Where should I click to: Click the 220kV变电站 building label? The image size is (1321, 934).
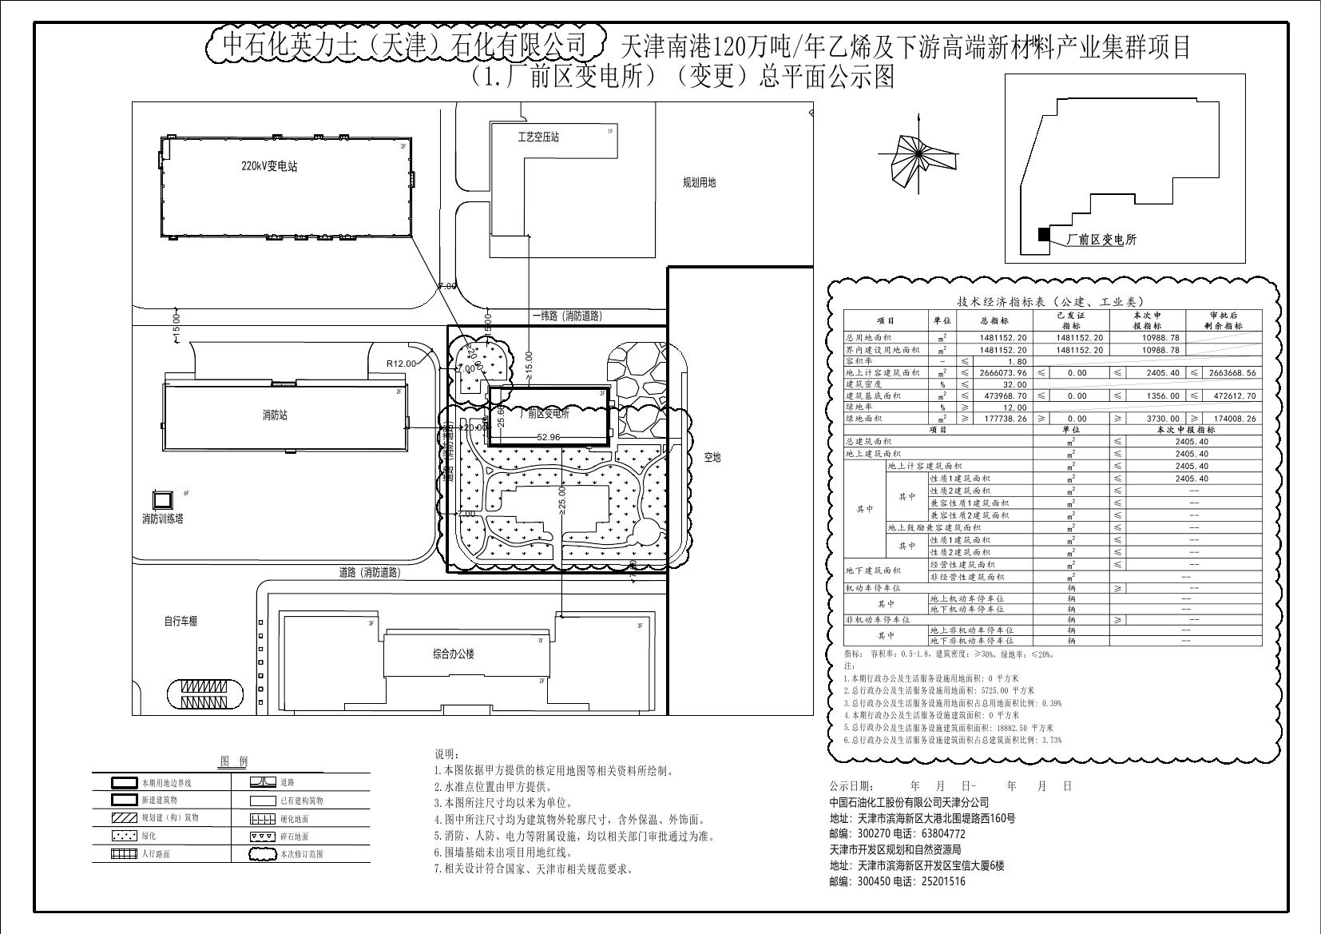pyautogui.click(x=270, y=167)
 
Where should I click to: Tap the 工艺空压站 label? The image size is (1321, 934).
pyautogui.click(x=538, y=137)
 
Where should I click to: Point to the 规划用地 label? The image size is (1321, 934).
pyautogui.click(x=699, y=182)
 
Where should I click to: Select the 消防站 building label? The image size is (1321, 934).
pyautogui.click(x=275, y=415)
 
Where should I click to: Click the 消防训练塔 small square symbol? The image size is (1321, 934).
pyautogui.click(x=163, y=500)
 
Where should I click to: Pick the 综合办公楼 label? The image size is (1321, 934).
pyautogui.click(x=454, y=654)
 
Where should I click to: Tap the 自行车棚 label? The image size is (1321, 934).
pyautogui.click(x=180, y=621)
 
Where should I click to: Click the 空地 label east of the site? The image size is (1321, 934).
pyautogui.click(x=712, y=457)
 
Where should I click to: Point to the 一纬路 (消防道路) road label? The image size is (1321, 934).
pyautogui.click(x=567, y=316)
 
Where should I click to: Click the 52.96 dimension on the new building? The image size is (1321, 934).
pyautogui.click(x=549, y=437)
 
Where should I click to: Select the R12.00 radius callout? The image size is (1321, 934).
pyautogui.click(x=402, y=364)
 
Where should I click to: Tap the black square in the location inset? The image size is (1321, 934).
pyautogui.click(x=1042, y=234)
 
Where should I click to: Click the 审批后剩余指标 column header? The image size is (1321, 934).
pyautogui.click(x=1224, y=320)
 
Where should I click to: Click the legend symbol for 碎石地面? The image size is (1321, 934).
pyautogui.click(x=263, y=836)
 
